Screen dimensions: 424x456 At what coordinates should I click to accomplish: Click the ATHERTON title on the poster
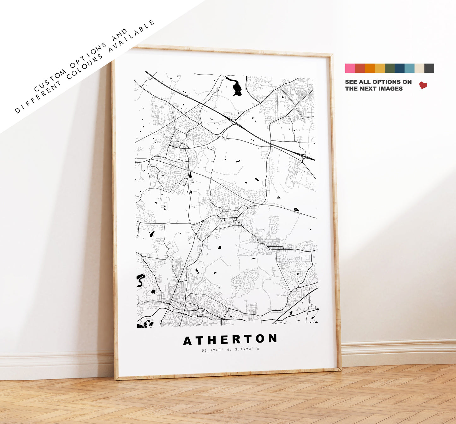point(230,340)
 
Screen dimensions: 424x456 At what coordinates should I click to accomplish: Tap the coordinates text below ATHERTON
point(231,349)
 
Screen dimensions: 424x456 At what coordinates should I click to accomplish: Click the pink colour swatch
point(350,68)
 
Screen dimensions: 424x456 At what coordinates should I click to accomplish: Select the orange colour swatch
point(370,68)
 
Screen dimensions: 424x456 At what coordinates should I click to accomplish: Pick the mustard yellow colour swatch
point(380,68)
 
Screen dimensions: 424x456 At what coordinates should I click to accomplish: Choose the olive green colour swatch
point(390,68)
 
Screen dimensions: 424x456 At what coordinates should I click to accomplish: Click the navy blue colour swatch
point(400,68)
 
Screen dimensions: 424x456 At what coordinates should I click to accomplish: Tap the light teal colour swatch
point(410,68)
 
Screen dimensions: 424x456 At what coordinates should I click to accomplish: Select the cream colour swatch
point(419,68)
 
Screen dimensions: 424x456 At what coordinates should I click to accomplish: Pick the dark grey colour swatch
point(429,68)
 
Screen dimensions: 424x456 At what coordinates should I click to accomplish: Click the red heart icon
point(423,85)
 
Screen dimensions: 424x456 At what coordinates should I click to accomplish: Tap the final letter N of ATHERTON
point(273,338)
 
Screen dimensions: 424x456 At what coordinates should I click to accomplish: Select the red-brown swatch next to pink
point(360,68)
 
